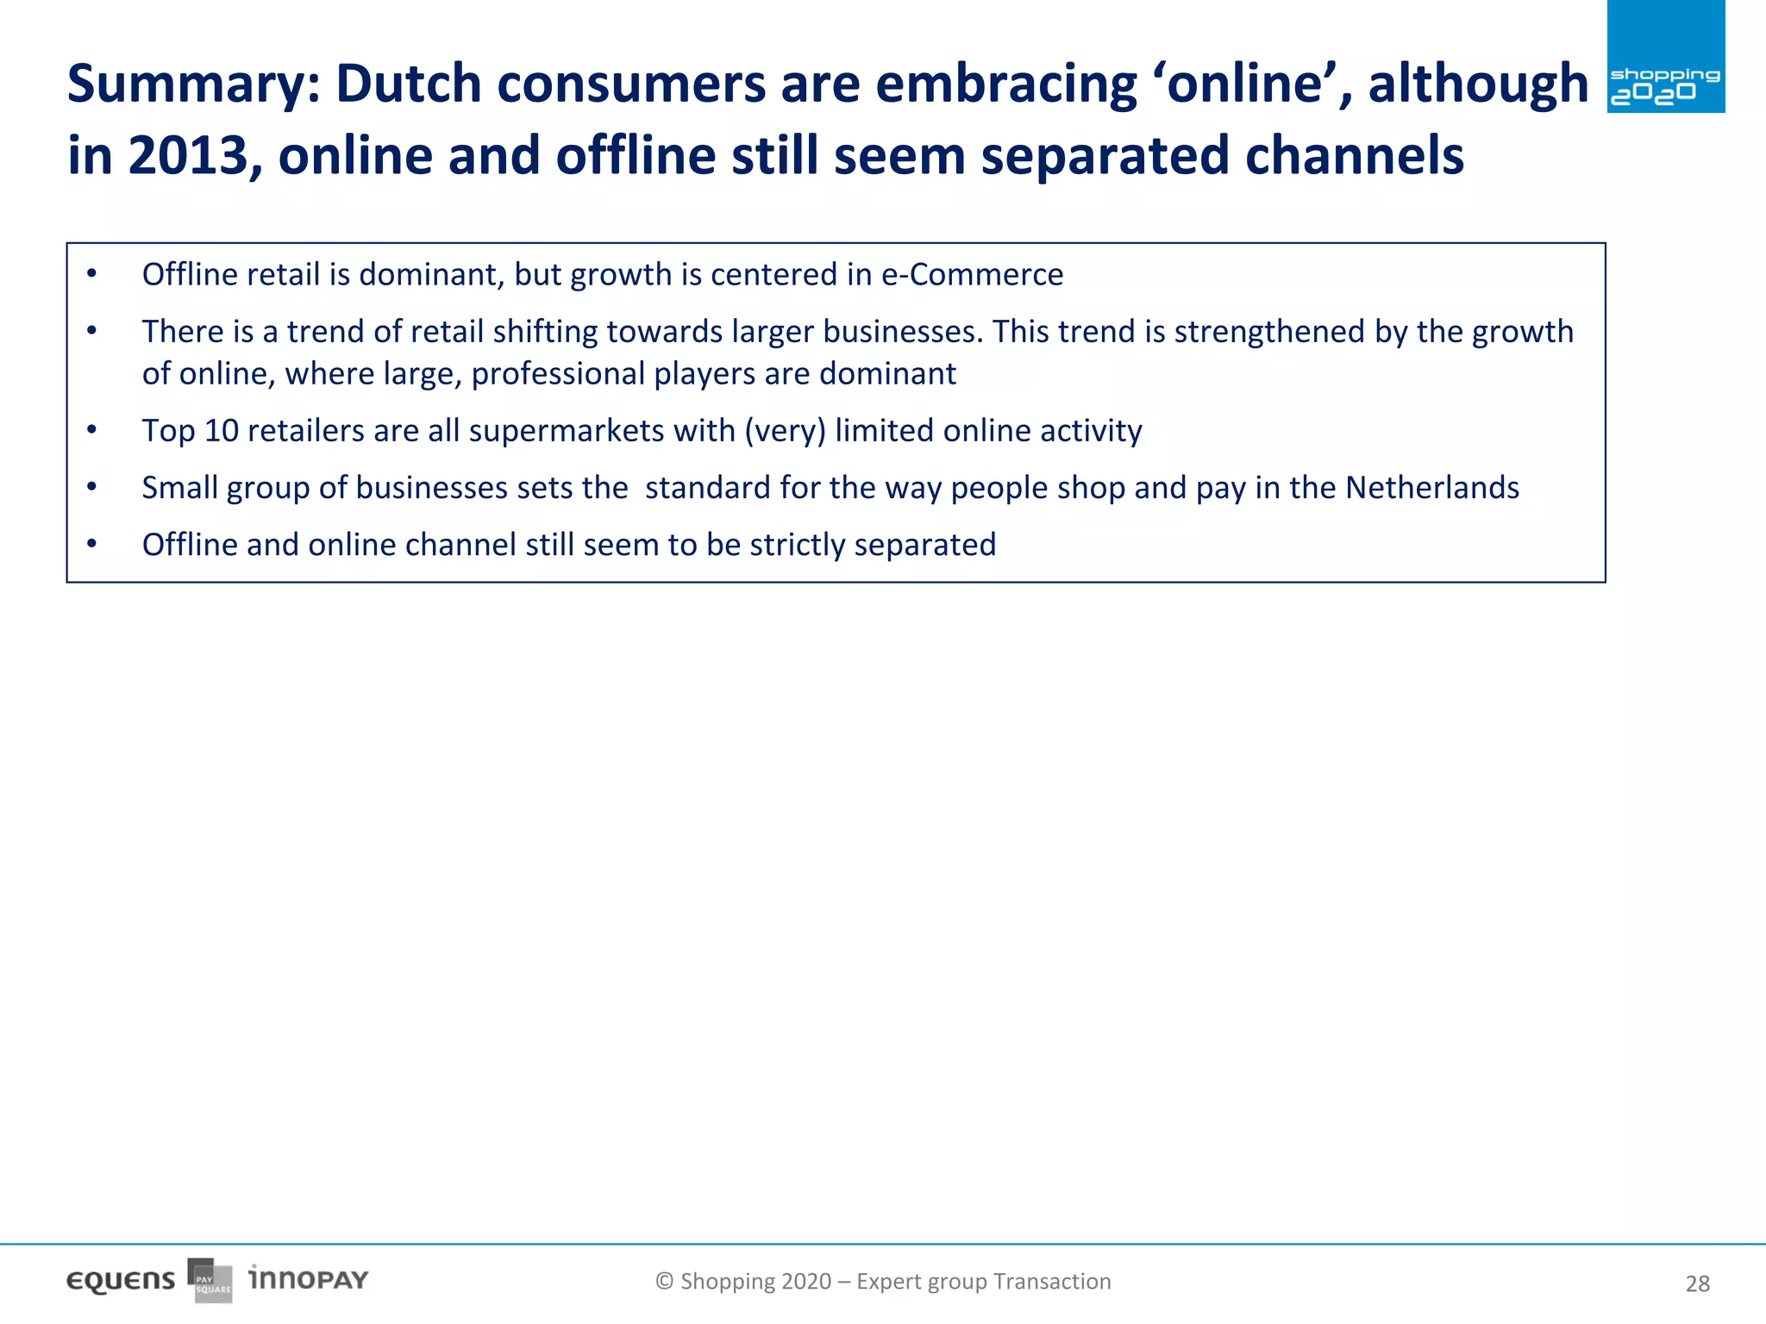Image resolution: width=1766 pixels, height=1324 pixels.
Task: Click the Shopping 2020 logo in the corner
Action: (x=1665, y=57)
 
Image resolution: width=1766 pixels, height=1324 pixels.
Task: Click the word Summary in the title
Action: (x=193, y=84)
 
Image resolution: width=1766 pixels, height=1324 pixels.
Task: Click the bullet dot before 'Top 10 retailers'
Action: (x=91, y=429)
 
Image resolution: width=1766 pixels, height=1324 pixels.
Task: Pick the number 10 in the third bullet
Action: (x=221, y=431)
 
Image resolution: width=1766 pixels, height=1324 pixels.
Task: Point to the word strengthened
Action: (x=1268, y=332)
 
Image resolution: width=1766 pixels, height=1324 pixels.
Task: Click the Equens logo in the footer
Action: (x=121, y=1281)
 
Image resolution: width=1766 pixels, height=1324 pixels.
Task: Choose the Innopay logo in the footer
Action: (x=308, y=1278)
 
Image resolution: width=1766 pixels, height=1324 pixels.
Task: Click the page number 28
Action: (x=1697, y=1284)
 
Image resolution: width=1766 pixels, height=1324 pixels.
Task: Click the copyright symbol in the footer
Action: (x=664, y=1282)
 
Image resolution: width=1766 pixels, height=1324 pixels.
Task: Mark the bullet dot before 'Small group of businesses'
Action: (x=91, y=487)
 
